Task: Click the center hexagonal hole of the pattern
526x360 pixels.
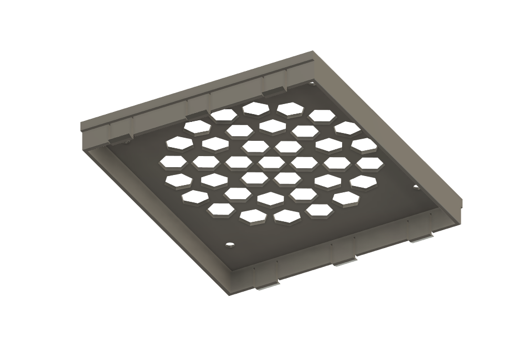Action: click(271, 163)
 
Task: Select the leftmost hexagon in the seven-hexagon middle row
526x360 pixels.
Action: click(173, 162)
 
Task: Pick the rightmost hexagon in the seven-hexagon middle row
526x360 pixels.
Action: click(369, 163)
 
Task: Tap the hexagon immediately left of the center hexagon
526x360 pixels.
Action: click(238, 162)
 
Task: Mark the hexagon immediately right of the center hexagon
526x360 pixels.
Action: click(304, 163)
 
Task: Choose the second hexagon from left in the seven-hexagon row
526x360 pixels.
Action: click(205, 162)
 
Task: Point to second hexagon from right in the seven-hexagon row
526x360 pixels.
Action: click(337, 163)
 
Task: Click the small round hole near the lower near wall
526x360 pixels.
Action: click(229, 245)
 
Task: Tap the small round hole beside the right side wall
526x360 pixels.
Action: click(416, 187)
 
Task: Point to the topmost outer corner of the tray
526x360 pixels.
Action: click(314, 52)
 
